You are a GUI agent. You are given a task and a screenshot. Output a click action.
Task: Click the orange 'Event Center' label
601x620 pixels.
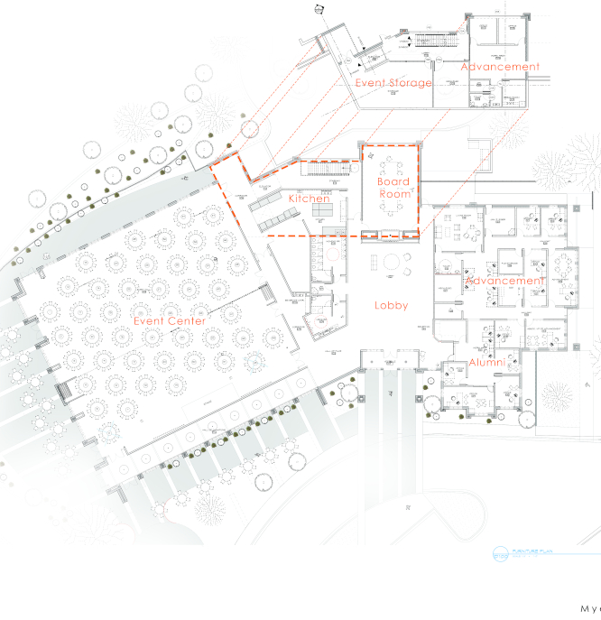[x=170, y=320]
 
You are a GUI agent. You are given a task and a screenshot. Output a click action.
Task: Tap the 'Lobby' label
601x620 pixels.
[x=392, y=305]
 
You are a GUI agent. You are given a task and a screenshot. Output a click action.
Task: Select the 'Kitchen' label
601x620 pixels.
[x=309, y=198]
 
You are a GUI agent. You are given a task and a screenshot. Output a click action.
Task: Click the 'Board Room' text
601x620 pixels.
[x=393, y=187]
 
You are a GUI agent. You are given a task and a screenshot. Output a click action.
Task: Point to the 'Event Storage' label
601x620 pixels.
[x=393, y=82]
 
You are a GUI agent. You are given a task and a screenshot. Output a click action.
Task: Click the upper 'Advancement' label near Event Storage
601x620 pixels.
[x=499, y=67]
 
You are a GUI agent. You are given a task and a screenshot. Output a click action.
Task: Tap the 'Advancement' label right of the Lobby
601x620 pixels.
[x=504, y=281]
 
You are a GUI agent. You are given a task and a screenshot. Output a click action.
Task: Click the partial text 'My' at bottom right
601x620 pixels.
[x=590, y=609]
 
